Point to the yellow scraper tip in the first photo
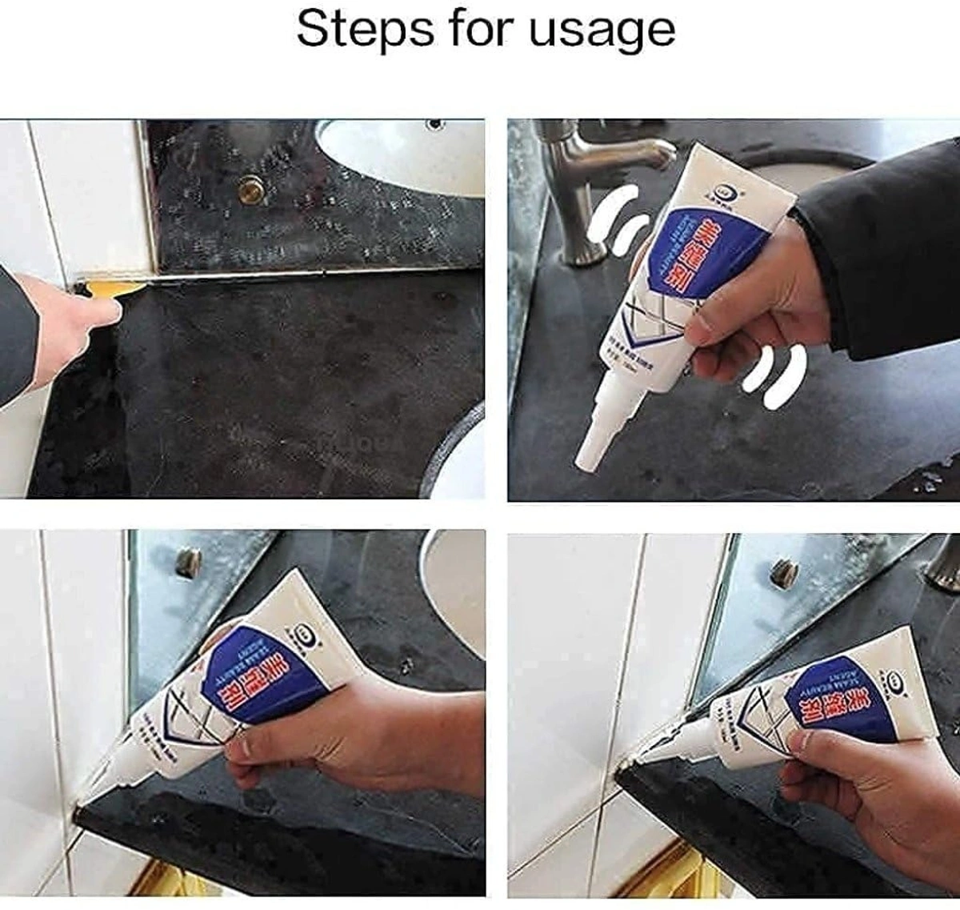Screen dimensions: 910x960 (x=112, y=287)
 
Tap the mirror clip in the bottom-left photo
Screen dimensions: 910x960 (x=189, y=562)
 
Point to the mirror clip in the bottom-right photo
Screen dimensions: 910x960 (x=783, y=571)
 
